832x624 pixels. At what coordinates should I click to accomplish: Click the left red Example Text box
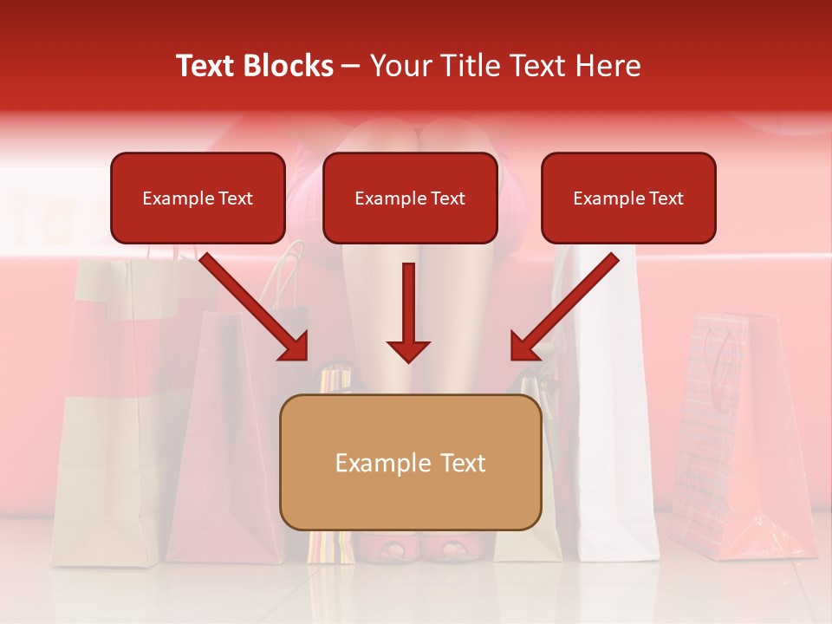coord(198,198)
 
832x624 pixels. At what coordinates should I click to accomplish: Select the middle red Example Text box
coord(410,198)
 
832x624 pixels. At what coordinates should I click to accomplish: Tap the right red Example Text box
coord(628,198)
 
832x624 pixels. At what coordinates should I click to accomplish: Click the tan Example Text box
coord(410,463)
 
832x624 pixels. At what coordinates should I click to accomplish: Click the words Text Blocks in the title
coord(254,66)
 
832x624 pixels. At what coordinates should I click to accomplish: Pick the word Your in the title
coord(400,66)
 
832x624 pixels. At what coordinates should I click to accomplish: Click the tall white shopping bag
coord(611,416)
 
